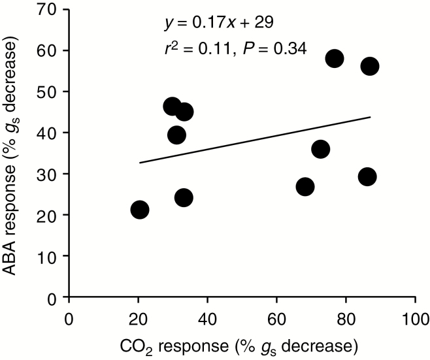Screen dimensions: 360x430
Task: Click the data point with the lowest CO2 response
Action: [x=139, y=210]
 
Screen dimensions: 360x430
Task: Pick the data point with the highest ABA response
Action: [x=335, y=58]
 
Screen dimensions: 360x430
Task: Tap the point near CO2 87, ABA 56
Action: [x=370, y=66]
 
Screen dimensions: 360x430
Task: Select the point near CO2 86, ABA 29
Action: [x=367, y=176]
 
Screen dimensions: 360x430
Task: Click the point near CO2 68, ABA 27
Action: [x=305, y=186]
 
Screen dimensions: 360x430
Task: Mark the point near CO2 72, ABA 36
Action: [x=320, y=149]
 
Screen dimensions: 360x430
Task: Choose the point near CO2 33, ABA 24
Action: [x=184, y=197]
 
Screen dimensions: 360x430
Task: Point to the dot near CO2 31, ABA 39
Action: [x=176, y=135]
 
